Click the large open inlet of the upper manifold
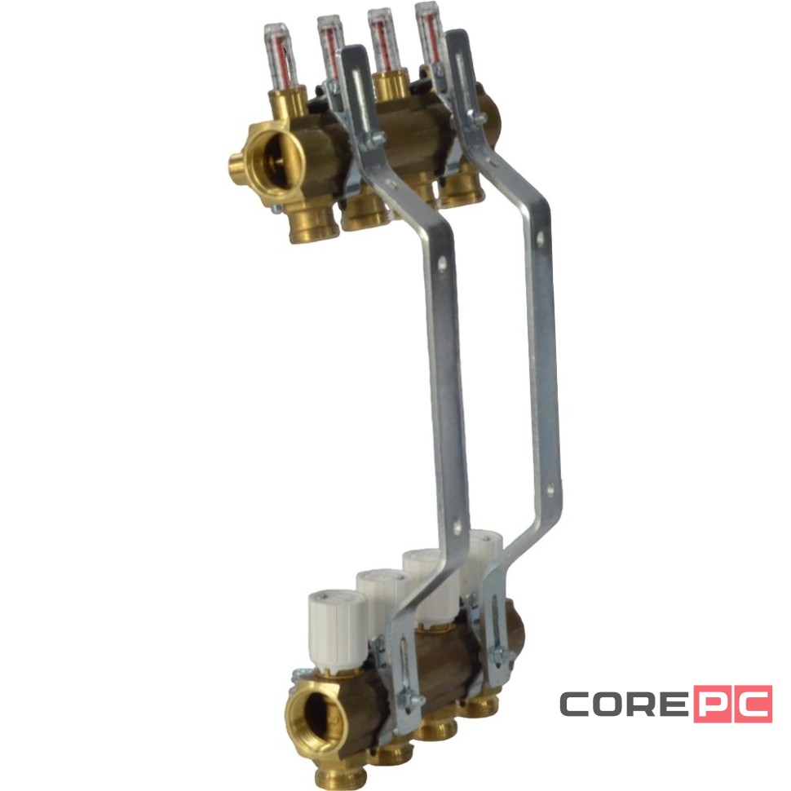(275, 158)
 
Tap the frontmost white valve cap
(337, 630)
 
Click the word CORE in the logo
(624, 704)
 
